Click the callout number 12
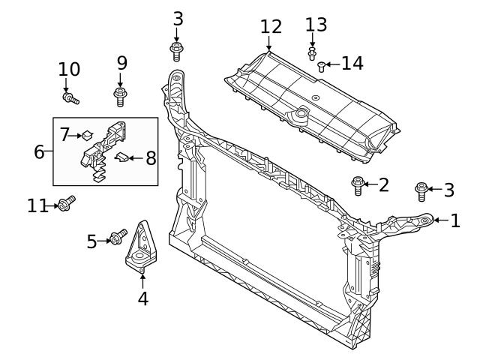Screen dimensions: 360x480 click(271, 27)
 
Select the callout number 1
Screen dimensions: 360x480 click(455, 220)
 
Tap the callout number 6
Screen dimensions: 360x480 click(39, 151)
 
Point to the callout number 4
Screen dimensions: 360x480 click(142, 298)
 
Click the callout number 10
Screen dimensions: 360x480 click(69, 70)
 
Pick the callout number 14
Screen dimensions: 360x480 click(352, 63)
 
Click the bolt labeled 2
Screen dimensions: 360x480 click(357, 184)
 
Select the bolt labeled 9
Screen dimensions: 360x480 click(119, 95)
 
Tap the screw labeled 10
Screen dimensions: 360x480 click(71, 97)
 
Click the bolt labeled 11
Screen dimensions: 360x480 click(66, 203)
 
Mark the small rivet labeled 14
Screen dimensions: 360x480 click(322, 66)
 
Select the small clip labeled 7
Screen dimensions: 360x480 click(87, 136)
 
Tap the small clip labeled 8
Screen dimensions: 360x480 click(122, 157)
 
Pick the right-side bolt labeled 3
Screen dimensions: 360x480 click(421, 190)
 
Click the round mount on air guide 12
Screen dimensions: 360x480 click(301, 115)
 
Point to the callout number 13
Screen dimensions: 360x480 click(316, 25)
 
